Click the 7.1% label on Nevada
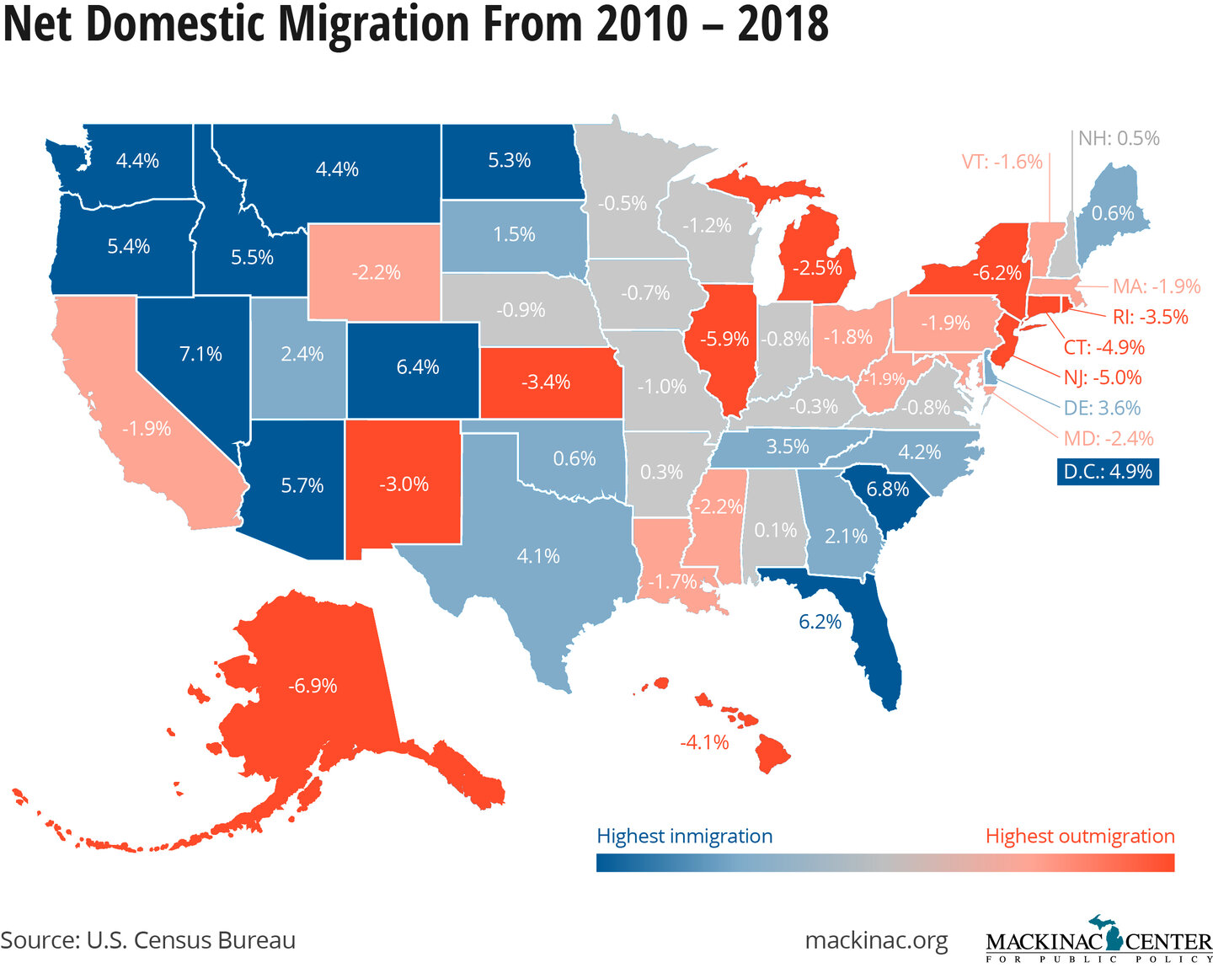[x=200, y=354]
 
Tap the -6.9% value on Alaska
[x=313, y=686]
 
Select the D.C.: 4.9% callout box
[x=1107, y=471]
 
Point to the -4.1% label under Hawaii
[x=704, y=742]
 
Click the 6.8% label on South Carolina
[x=887, y=489]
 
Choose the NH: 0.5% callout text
[x=1119, y=138]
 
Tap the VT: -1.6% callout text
[x=1002, y=162]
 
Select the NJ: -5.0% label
[x=1103, y=377]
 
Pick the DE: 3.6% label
[x=1102, y=408]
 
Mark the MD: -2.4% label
[x=1108, y=438]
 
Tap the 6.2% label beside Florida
[x=820, y=622]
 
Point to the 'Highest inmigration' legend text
[x=684, y=836]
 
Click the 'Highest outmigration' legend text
[x=1079, y=836]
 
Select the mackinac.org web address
[x=876, y=940]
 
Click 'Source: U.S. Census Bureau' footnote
[x=148, y=940]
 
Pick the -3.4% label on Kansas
[x=546, y=382]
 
